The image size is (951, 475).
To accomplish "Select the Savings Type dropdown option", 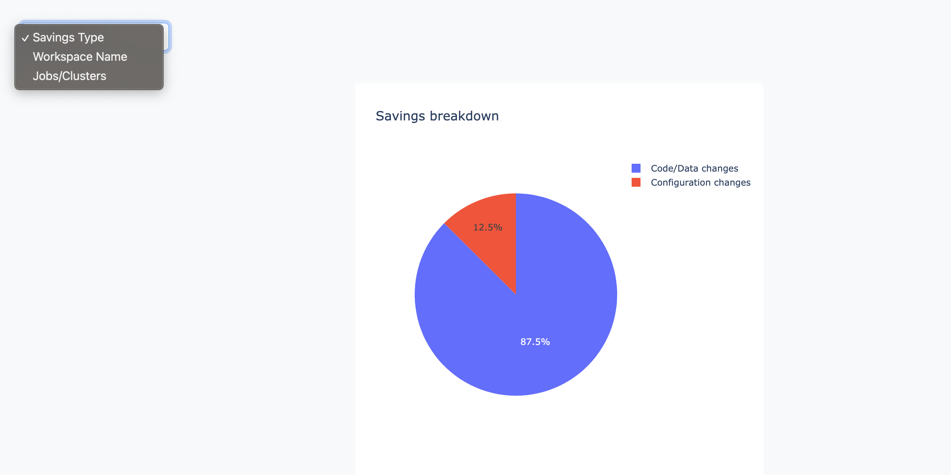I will pos(68,37).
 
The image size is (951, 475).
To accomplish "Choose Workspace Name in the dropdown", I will pos(80,57).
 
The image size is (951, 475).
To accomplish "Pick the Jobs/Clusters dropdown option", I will pos(69,76).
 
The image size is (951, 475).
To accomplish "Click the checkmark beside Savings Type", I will pos(25,38).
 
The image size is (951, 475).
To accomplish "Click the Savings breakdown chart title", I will pos(437,116).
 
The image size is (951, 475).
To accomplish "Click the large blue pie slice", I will pos(538,315).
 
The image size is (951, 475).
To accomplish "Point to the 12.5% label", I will pos(487,227).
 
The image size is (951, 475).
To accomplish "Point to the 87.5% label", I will pos(535,342).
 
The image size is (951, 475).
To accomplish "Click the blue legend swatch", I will pos(636,168).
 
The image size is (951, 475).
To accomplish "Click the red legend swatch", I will pos(636,182).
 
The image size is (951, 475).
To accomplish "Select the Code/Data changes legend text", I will pos(694,168).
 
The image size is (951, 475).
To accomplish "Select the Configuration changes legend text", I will pos(700,182).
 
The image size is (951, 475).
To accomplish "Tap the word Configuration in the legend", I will pos(681,182).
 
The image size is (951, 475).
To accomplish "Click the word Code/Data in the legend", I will pos(674,168).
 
